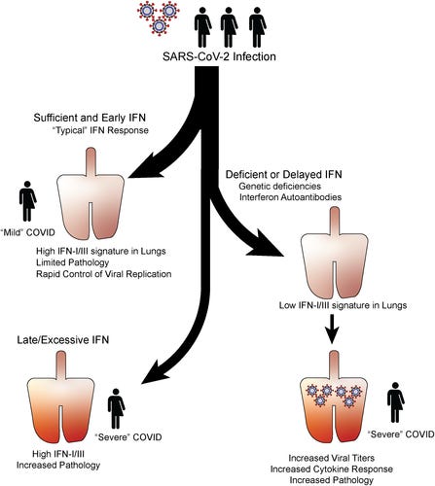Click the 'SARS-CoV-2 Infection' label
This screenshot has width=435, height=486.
(x=219, y=56)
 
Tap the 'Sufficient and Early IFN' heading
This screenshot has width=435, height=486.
(x=90, y=118)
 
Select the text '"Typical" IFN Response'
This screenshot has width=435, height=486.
(x=100, y=130)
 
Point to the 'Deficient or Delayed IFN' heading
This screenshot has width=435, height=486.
(x=284, y=174)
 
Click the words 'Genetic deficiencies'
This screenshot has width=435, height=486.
(x=280, y=187)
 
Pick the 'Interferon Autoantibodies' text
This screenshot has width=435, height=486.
(x=290, y=197)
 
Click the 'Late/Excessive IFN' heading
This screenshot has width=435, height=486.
(x=63, y=340)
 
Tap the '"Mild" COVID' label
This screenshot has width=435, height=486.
(x=27, y=232)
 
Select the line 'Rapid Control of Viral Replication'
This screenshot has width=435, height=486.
(x=104, y=274)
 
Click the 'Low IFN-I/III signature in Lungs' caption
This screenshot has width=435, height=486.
(x=343, y=305)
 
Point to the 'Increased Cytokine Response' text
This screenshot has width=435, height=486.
(x=332, y=469)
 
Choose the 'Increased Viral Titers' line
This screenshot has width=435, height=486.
(x=332, y=458)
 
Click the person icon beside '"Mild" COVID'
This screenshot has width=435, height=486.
(x=27, y=201)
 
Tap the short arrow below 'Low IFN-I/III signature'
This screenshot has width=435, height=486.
(x=332, y=329)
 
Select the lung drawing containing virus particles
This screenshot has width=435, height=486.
(x=335, y=397)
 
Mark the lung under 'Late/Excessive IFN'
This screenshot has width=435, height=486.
(x=61, y=397)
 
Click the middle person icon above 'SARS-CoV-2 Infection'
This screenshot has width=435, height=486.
(x=229, y=27)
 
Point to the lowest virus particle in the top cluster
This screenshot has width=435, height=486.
(x=159, y=26)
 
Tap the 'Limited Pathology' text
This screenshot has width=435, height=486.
(x=72, y=262)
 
